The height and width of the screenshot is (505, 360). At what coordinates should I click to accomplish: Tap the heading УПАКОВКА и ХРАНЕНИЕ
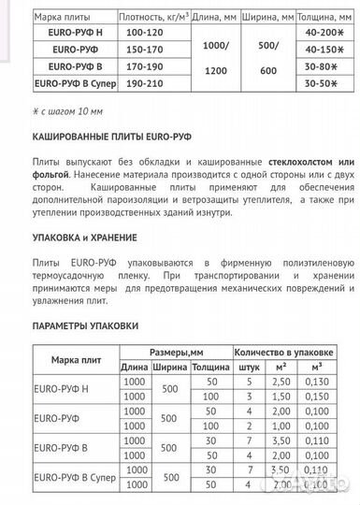point(82,238)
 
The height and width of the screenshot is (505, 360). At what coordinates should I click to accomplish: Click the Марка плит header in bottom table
point(74,361)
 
